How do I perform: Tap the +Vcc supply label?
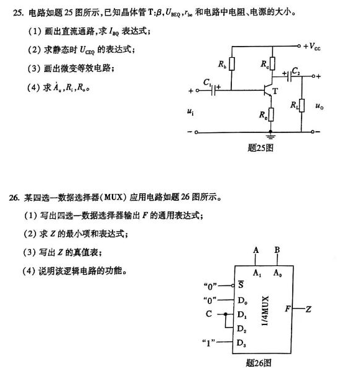point(314,47)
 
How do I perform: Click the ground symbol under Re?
point(272,135)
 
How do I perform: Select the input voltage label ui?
point(190,112)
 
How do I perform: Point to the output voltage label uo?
point(320,106)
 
